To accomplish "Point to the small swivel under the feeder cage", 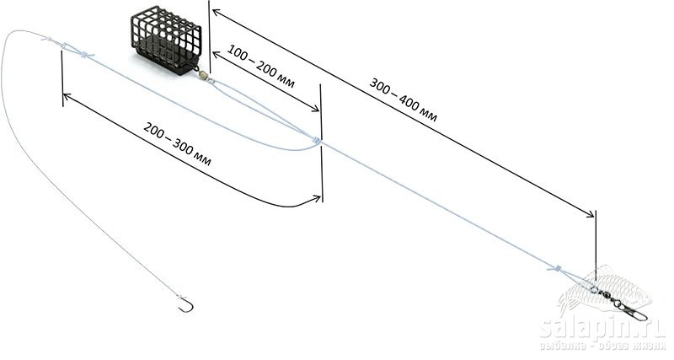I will [203, 74].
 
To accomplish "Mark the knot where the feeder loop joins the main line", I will [318, 140].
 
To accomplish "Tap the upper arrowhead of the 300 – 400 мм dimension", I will [215, 12].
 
